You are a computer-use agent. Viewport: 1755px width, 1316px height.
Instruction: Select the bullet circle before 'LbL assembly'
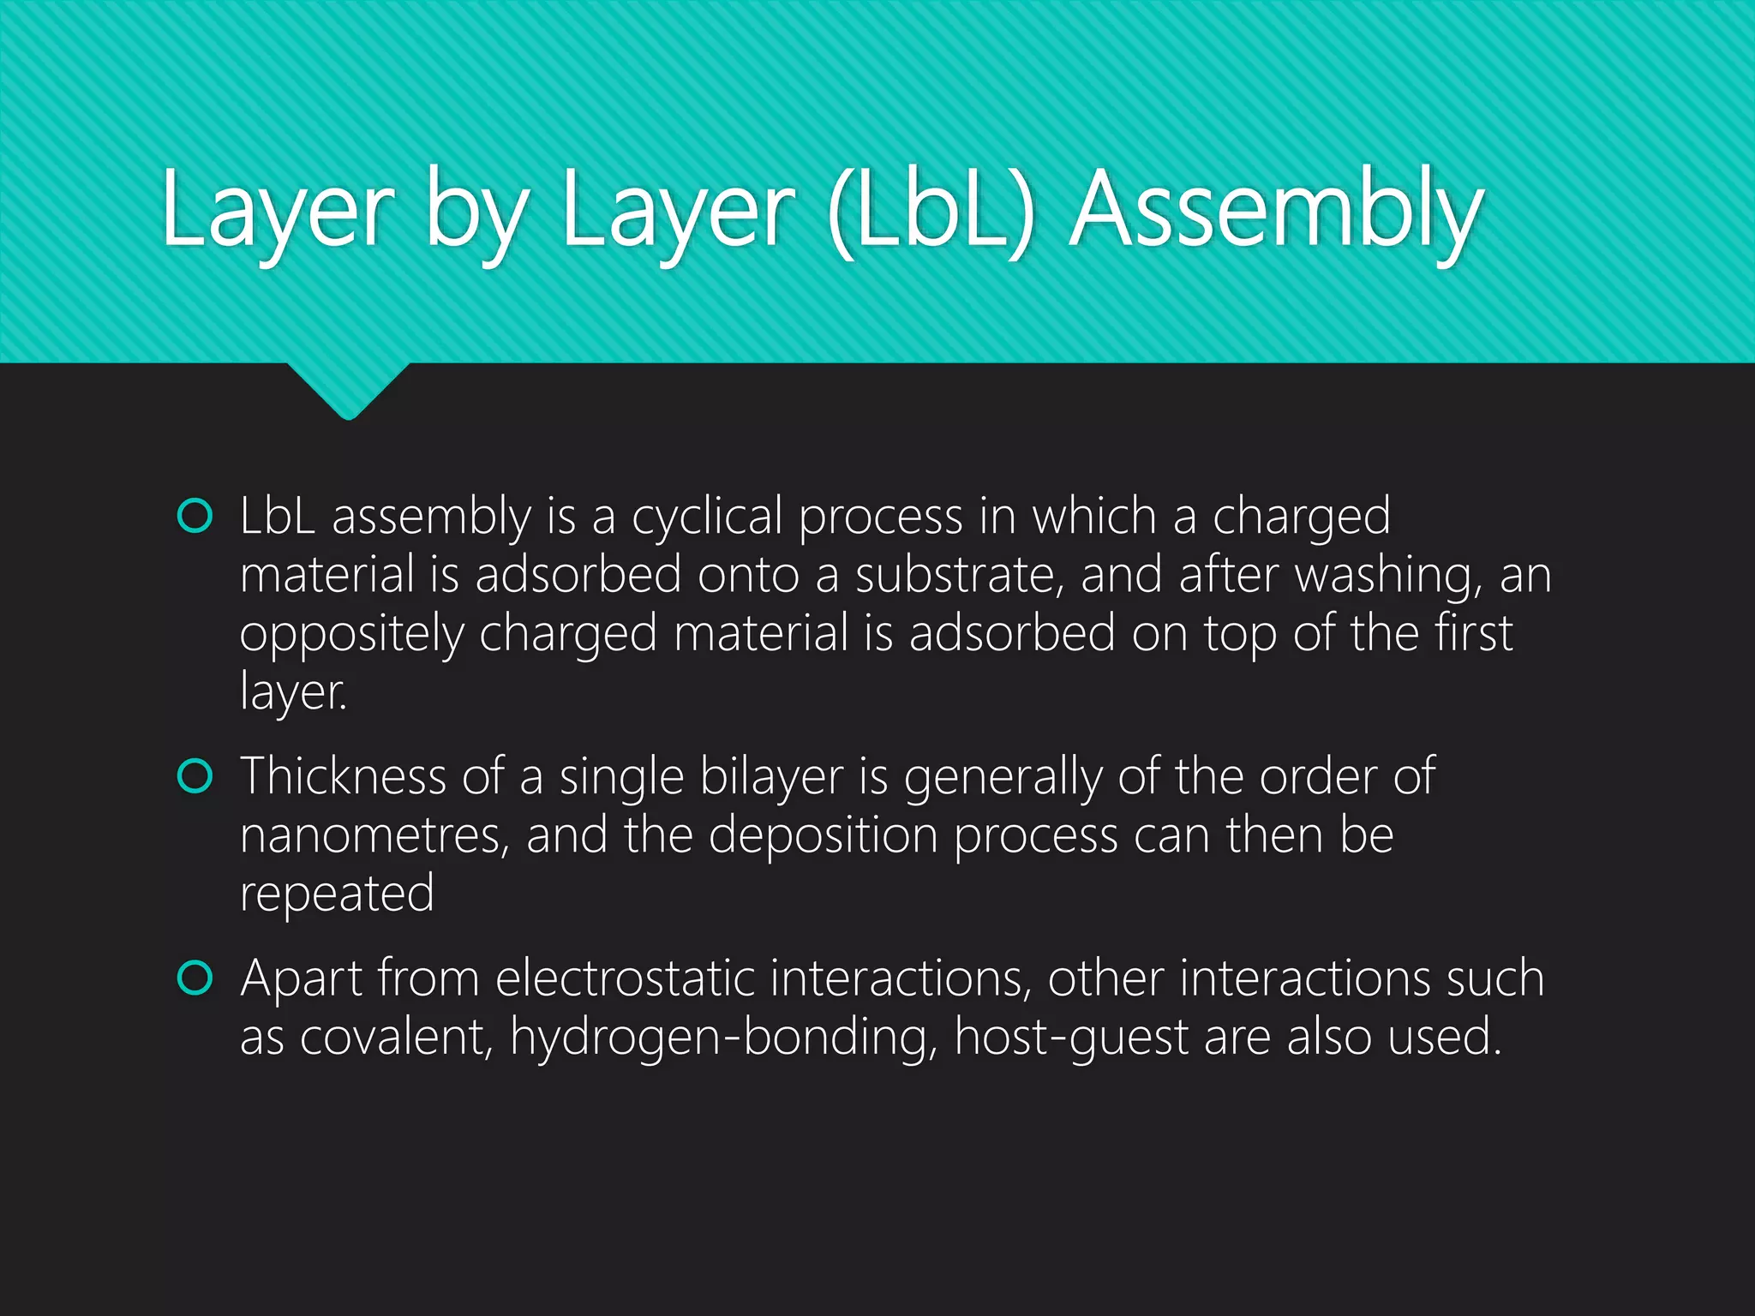(x=195, y=516)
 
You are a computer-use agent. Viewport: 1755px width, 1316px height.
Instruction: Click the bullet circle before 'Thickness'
(x=195, y=776)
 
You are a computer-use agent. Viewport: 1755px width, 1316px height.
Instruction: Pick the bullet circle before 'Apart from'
(x=195, y=978)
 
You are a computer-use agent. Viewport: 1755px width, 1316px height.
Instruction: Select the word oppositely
(x=351, y=634)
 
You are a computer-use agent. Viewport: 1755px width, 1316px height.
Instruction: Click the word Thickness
(x=343, y=776)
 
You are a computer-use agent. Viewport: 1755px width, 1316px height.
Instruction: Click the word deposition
(x=824, y=835)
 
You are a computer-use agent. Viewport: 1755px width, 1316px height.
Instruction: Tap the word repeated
(x=337, y=894)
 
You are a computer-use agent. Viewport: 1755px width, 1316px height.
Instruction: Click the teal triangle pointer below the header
(x=348, y=390)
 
